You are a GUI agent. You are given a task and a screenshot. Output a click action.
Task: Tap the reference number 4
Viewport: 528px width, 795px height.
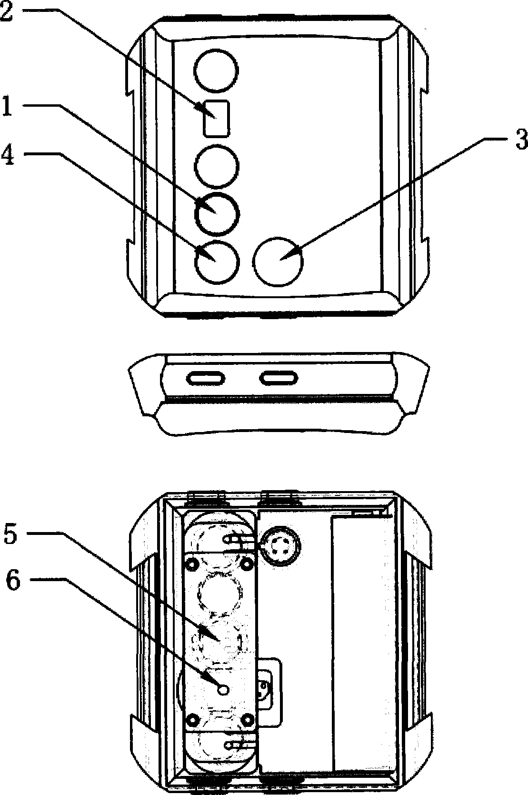pyautogui.click(x=8, y=155)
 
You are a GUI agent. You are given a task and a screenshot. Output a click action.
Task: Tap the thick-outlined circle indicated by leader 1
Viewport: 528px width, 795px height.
pyautogui.click(x=217, y=214)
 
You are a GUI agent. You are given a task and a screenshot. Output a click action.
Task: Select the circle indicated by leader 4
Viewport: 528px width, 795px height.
pyautogui.click(x=217, y=262)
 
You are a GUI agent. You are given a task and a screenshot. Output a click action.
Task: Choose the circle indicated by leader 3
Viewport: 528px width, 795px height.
pyautogui.click(x=279, y=262)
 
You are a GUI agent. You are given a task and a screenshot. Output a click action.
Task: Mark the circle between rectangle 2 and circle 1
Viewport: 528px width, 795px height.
pyautogui.click(x=217, y=166)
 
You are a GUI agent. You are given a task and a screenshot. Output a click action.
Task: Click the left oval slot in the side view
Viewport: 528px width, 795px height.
pyautogui.click(x=206, y=378)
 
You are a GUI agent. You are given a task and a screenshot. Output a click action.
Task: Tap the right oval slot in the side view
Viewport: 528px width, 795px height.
pyautogui.click(x=279, y=378)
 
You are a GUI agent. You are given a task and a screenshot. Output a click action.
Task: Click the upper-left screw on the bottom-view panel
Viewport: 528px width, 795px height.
pyautogui.click(x=193, y=563)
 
